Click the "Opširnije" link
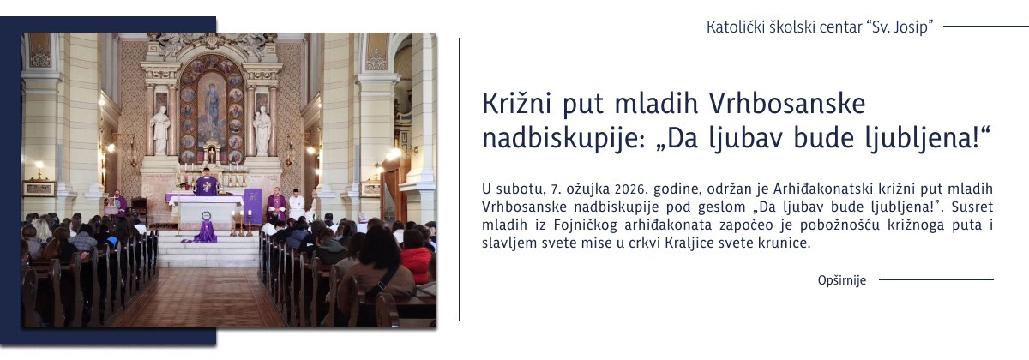tap(842, 280)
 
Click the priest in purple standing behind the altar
tap(206, 183)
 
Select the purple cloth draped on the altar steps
tap(206, 232)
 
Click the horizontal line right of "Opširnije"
tap(936, 280)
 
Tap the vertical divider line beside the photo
tap(460, 180)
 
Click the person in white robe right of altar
tap(297, 204)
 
